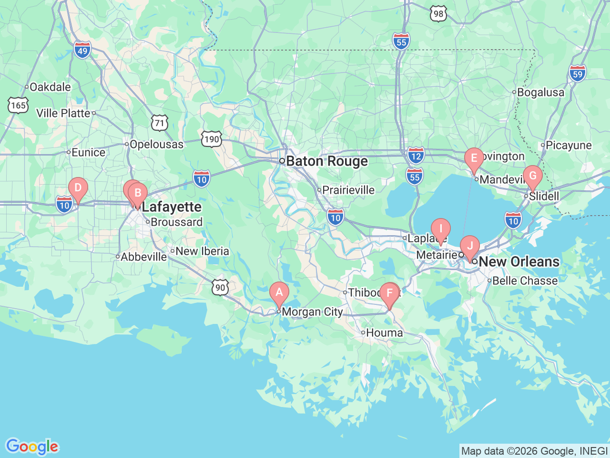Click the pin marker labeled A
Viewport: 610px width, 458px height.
tap(279, 292)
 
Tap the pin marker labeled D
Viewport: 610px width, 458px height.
tap(78, 188)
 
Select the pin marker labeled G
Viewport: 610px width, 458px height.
tap(533, 176)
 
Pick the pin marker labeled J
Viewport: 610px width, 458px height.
tap(470, 246)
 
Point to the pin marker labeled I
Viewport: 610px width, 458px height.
tap(441, 229)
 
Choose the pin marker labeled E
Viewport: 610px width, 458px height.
tap(474, 158)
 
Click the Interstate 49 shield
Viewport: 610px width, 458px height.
tap(82, 50)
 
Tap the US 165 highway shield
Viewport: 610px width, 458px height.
tap(18, 105)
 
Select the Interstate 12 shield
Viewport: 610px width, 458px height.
tap(416, 156)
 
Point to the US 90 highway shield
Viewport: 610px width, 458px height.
tap(220, 287)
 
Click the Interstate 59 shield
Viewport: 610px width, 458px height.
tap(578, 73)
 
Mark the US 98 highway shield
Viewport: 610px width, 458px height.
tap(438, 14)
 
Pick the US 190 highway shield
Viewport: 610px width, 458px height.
tap(211, 139)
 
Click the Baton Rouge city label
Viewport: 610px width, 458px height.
tap(326, 161)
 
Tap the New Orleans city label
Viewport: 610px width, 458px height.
tap(518, 261)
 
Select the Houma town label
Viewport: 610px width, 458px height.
tap(384, 333)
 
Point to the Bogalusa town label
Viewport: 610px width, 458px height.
tap(540, 93)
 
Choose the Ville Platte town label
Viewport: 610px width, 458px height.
tap(63, 113)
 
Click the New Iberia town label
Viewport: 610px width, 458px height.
tap(202, 251)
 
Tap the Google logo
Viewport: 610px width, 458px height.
tap(32, 447)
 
